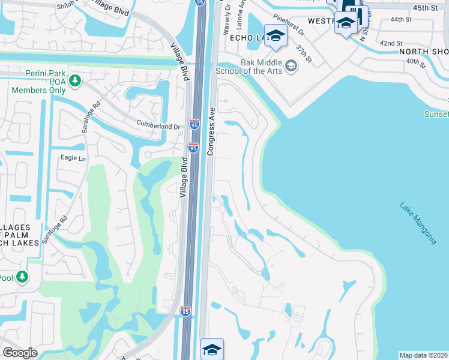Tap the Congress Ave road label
(x=211, y=131)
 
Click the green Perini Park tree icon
(x=75, y=80)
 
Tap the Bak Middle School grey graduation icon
(x=292, y=65)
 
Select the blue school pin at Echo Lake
(x=276, y=35)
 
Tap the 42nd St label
(x=391, y=43)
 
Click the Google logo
(x=20, y=353)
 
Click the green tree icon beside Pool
(x=22, y=277)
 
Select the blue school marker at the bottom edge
(x=212, y=349)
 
